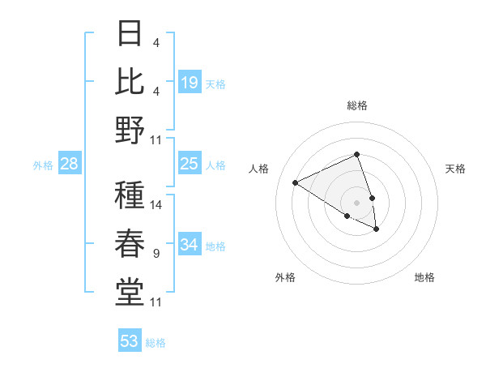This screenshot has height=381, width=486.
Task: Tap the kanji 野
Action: pyautogui.click(x=130, y=131)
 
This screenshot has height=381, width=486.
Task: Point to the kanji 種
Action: pyautogui.click(x=130, y=195)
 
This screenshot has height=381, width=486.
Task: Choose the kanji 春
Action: pyautogui.click(x=130, y=244)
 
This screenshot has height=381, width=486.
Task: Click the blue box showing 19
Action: pyautogui.click(x=190, y=83)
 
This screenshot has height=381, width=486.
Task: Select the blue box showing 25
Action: pyautogui.click(x=190, y=165)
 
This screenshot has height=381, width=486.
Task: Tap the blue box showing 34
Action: pyautogui.click(x=190, y=245)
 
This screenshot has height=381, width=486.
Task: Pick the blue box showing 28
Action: pyautogui.click(x=70, y=165)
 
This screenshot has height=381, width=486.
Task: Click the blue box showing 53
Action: pyautogui.click(x=130, y=341)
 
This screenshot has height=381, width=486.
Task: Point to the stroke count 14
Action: pyautogui.click(x=156, y=205)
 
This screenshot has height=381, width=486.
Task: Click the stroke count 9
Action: pyautogui.click(x=156, y=254)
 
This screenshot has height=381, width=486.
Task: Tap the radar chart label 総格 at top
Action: pyautogui.click(x=357, y=105)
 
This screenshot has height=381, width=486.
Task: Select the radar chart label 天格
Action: pyautogui.click(x=456, y=169)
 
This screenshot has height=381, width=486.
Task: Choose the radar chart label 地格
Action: pyautogui.click(x=424, y=277)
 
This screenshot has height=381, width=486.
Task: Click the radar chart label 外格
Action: pyautogui.click(x=285, y=277)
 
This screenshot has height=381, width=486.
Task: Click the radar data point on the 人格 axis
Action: pyautogui.click(x=296, y=182)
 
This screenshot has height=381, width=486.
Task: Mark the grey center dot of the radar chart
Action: pyautogui.click(x=356, y=202)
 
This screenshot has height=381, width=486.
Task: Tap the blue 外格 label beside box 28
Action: pyautogui.click(x=43, y=165)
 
